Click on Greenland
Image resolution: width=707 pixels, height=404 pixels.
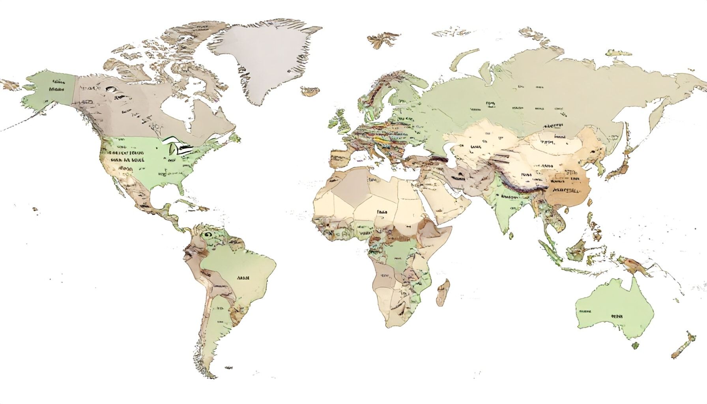click(260, 59)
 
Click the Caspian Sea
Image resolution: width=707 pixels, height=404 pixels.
click(450, 152)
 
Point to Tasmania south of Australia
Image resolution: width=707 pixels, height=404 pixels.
click(635, 346)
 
